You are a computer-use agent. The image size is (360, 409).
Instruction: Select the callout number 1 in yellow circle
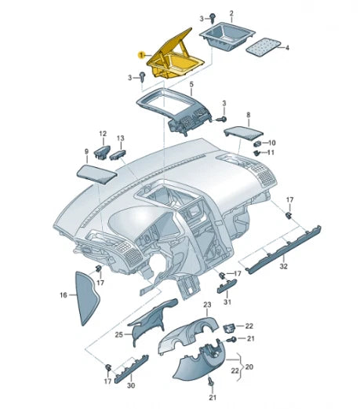coord(141,55)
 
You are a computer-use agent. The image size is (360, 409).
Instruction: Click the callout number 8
coord(249,115)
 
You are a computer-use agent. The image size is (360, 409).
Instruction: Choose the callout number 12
coord(102,133)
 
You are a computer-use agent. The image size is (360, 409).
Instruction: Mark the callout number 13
coord(121,138)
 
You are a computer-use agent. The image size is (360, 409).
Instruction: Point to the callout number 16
coord(64,295)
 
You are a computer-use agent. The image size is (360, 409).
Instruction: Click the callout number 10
coord(274,142)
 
